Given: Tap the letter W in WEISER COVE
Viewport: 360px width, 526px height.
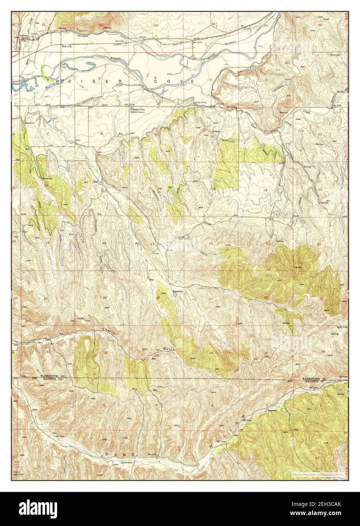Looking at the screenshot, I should (58, 81).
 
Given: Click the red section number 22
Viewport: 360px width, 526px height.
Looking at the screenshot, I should (211, 243).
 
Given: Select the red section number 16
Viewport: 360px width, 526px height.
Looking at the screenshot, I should (160, 188).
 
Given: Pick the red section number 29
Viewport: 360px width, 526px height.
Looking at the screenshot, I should (104, 298).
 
